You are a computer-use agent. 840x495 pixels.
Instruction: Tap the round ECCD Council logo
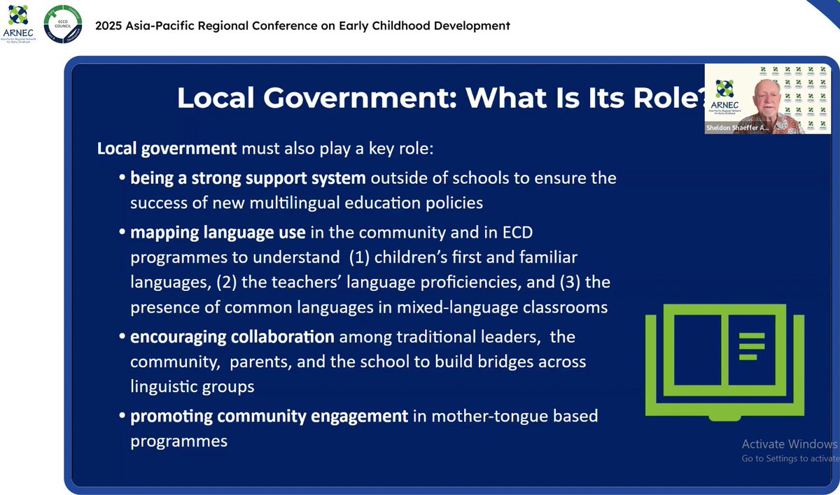[62, 25]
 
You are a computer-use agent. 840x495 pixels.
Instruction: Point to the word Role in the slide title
[668, 97]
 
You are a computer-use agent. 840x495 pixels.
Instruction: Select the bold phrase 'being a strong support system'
[248, 178]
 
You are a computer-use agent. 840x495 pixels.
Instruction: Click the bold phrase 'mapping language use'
[218, 231]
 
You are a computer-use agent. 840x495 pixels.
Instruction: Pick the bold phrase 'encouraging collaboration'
[232, 336]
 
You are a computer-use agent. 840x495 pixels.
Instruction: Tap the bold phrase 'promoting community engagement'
[269, 416]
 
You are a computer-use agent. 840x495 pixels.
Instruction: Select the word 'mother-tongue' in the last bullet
[479, 416]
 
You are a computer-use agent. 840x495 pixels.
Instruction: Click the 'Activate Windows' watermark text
[789, 444]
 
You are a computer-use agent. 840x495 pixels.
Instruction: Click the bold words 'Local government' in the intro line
[167, 148]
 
